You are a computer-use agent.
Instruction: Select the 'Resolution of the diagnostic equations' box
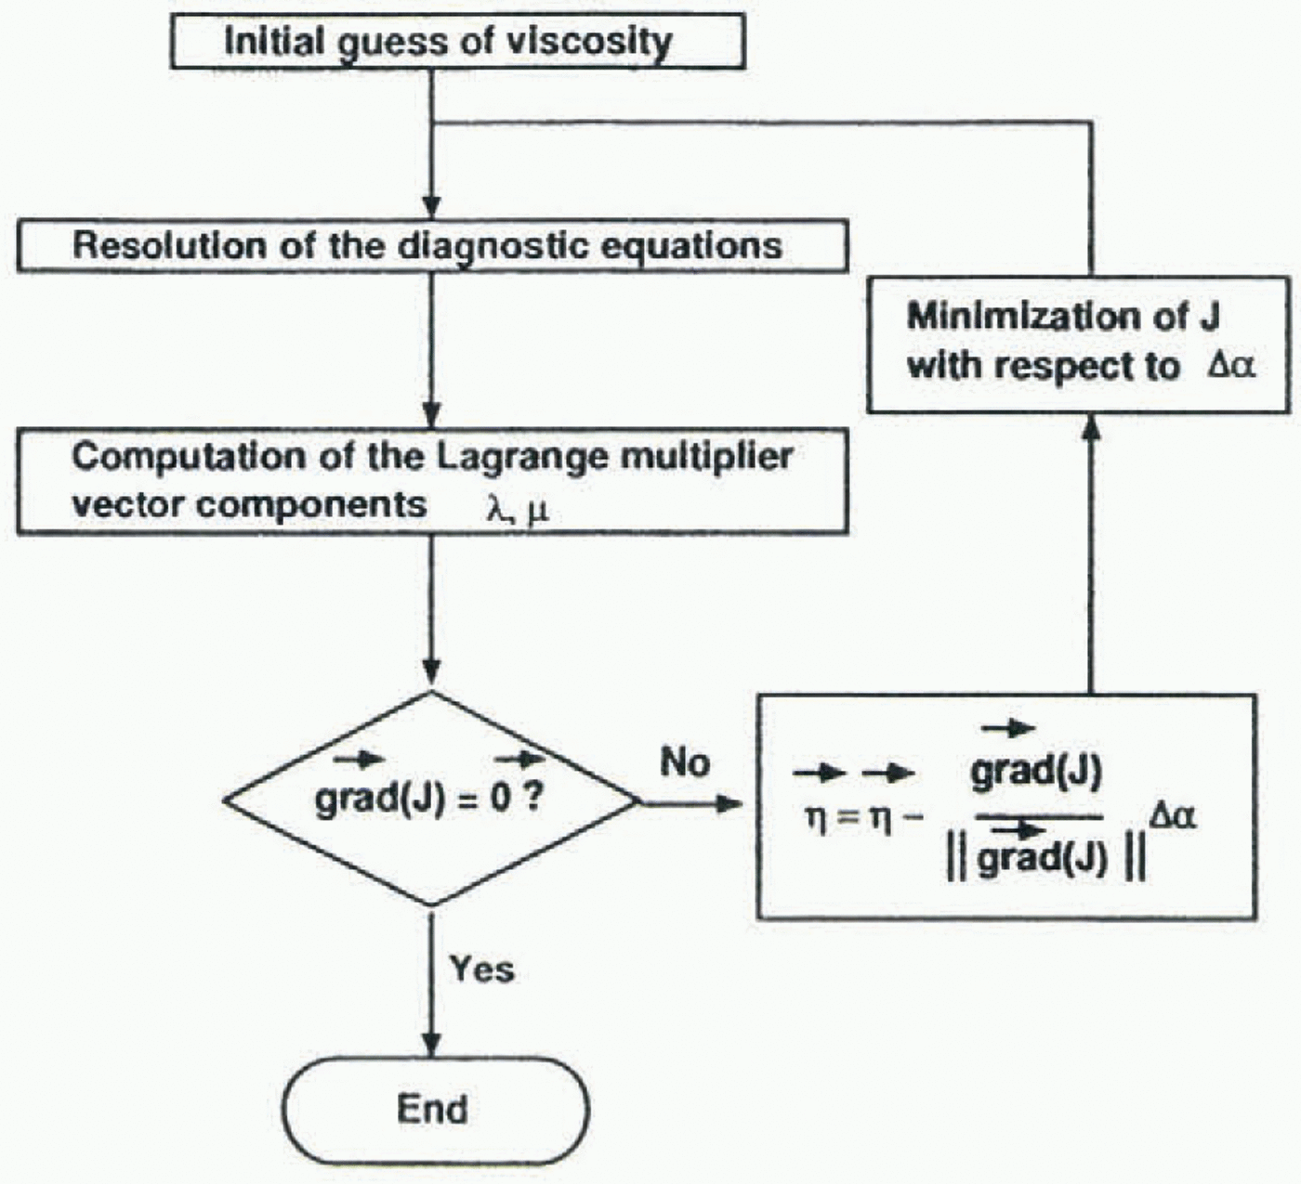[432, 246]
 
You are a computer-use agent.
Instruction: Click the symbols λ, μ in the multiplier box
[518, 510]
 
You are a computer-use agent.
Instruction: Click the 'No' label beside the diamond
[685, 762]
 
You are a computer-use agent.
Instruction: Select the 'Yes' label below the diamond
[481, 969]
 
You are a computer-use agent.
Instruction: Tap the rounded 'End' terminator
[435, 1110]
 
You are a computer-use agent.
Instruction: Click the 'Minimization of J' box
[1078, 344]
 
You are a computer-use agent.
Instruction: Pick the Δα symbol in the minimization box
[1231, 366]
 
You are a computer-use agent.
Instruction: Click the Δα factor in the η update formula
[1172, 817]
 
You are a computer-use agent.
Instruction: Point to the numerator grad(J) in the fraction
[1036, 773]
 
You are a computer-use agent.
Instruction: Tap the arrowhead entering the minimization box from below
[1092, 427]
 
